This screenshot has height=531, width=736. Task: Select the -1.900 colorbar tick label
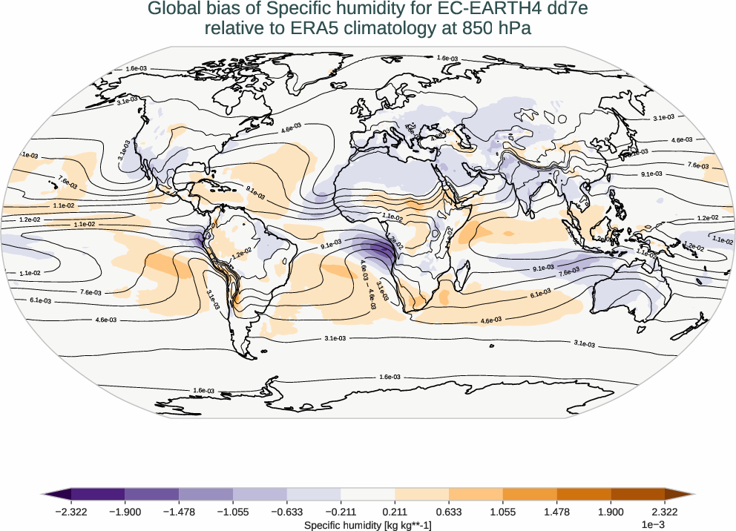coord(125,512)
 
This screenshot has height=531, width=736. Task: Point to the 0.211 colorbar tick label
coord(395,512)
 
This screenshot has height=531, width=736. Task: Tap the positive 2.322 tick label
coord(665,512)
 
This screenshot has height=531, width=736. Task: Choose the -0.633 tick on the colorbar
coord(286,512)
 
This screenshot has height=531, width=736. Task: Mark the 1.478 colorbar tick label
coord(556,512)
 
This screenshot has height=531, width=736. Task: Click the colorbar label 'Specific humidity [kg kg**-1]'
coord(368,525)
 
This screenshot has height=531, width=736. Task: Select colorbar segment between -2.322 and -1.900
coord(97,494)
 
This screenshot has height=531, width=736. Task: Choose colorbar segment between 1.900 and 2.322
coord(638,494)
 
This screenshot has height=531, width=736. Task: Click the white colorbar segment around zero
coord(368,494)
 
